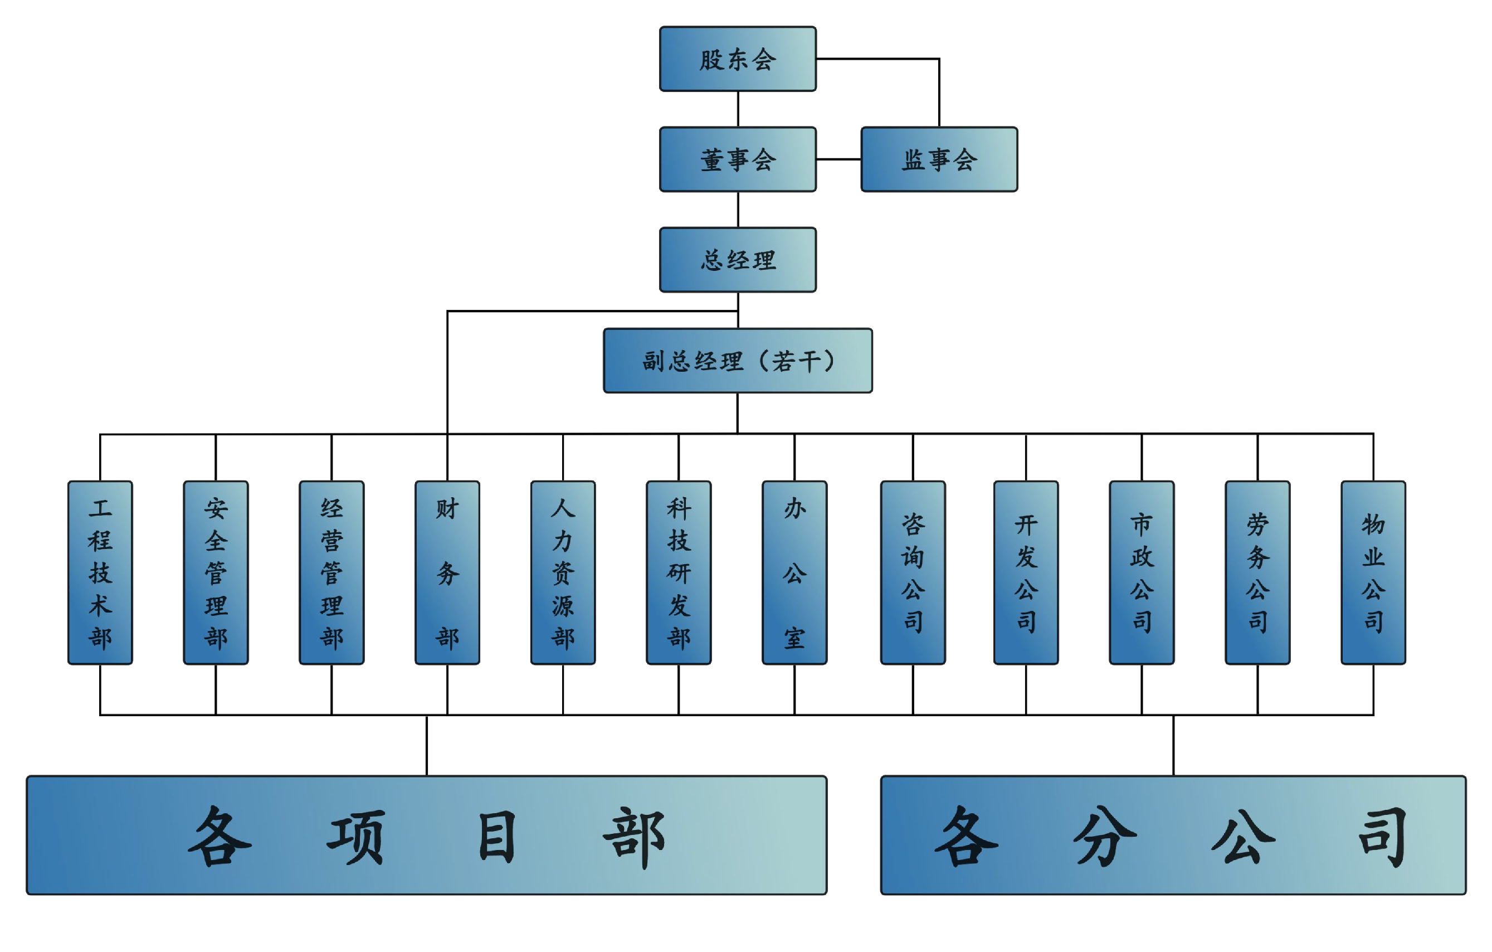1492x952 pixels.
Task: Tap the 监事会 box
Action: coord(939,159)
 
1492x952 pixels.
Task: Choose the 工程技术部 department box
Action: coord(100,572)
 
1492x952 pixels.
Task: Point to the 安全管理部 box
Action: coord(216,572)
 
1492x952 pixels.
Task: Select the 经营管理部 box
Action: coord(331,572)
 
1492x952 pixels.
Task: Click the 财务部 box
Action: coord(447,572)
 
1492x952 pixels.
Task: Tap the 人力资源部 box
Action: coord(563,572)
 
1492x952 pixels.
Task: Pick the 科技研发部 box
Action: coord(679,572)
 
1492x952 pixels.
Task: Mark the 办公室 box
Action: coord(794,572)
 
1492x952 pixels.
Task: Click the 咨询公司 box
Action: coord(913,572)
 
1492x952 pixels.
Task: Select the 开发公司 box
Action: coord(1026,572)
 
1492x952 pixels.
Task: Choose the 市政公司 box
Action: coord(1142,572)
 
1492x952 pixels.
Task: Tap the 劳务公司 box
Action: coord(1257,572)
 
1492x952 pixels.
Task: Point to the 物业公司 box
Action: coord(1373,572)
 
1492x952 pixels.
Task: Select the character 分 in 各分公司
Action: coord(1105,837)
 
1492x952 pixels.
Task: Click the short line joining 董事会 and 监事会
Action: coord(838,159)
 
